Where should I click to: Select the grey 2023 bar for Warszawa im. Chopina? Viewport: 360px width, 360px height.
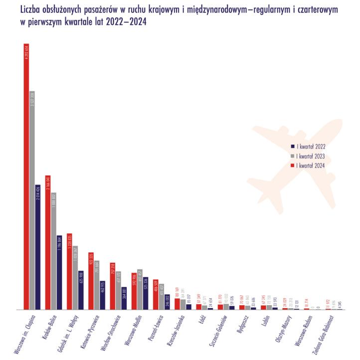point(32,200)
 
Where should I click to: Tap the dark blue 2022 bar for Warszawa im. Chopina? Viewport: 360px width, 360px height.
point(38,247)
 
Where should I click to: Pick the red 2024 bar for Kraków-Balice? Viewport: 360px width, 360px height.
point(48,242)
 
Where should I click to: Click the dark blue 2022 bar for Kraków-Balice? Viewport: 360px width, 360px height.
point(59,272)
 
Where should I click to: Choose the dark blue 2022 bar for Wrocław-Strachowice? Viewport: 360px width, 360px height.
point(124,298)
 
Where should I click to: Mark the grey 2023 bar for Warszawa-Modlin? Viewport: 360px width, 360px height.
point(140,289)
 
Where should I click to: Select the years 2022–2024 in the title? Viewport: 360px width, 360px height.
point(125,21)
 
